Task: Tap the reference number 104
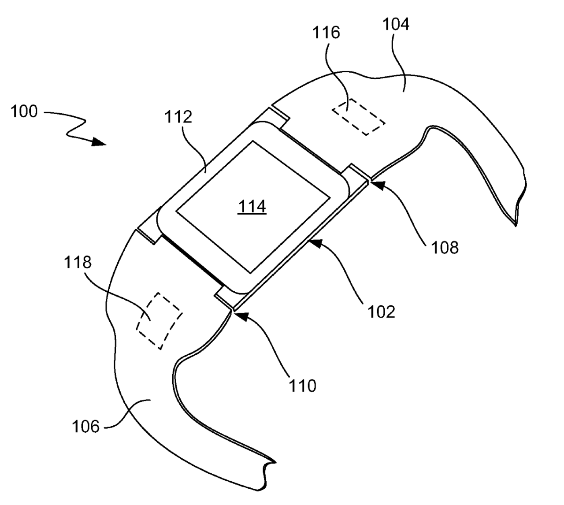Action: coord(395,25)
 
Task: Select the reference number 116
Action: coord(327,33)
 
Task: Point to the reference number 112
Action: coord(178,117)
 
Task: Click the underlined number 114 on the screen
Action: coord(252,206)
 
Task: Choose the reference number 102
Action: coord(382,312)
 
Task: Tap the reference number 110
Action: coord(303,386)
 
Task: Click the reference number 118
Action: coord(78,263)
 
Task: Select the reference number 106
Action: coord(85,427)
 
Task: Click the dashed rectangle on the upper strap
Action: coord(358,116)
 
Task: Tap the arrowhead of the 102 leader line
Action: coord(314,241)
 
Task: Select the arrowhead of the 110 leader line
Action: coord(237,314)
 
